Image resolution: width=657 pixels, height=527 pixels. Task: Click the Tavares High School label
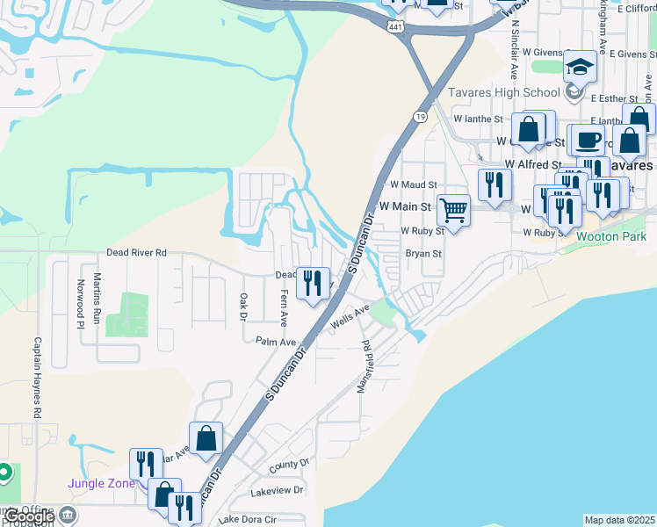click(x=504, y=93)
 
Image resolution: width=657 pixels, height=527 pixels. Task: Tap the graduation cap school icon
click(x=580, y=67)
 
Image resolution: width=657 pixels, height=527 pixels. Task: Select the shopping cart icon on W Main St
click(x=453, y=210)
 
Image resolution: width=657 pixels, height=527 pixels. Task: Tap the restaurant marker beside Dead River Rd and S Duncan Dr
click(x=312, y=283)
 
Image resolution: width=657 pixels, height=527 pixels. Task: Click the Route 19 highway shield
click(x=422, y=115)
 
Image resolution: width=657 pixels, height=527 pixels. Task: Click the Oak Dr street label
click(x=243, y=307)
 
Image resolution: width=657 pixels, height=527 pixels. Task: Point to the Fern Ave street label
click(x=283, y=309)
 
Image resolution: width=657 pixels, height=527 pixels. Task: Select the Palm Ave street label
click(x=274, y=341)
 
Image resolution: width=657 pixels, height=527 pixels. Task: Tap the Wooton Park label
click(x=611, y=236)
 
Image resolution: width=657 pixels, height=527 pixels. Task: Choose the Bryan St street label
click(x=423, y=254)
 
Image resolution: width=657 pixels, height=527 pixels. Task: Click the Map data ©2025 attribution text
click(x=618, y=520)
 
